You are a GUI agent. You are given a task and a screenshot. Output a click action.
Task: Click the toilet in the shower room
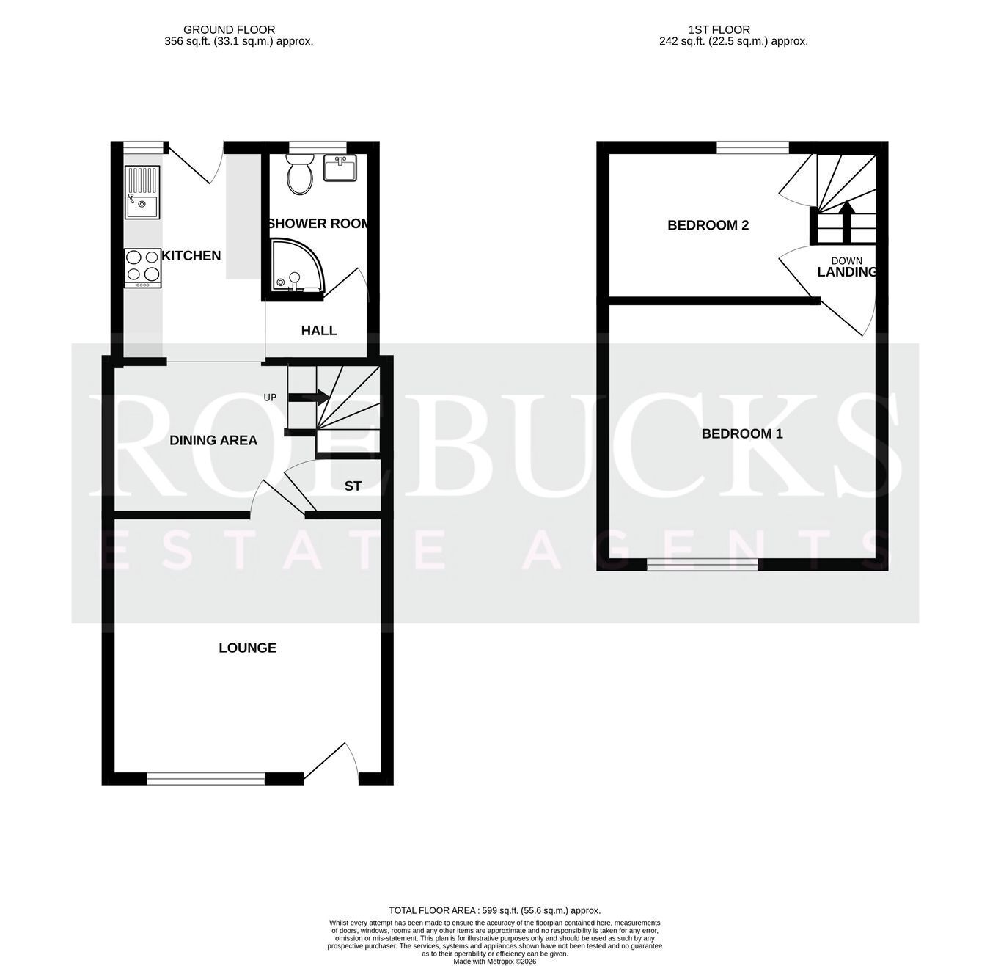[x=300, y=174]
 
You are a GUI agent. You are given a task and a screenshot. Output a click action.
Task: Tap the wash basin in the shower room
[x=340, y=167]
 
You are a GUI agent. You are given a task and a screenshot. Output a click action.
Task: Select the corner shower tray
[x=296, y=266]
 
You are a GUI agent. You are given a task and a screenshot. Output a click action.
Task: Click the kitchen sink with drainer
[x=142, y=192]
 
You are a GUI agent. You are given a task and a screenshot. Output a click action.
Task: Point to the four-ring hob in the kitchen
[x=143, y=268]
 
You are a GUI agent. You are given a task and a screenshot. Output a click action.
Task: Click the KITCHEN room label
[x=191, y=255]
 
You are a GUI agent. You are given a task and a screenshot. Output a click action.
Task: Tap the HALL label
[x=319, y=331]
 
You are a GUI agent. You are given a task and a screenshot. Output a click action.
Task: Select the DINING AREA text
[x=213, y=440]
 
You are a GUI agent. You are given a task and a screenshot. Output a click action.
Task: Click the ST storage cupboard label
[x=353, y=486]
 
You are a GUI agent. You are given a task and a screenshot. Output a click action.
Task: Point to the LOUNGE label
[x=247, y=648]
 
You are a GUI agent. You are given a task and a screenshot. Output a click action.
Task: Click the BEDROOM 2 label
[x=708, y=225]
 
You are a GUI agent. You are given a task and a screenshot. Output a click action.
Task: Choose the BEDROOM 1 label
[x=741, y=433]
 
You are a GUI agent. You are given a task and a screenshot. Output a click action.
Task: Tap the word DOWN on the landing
[x=846, y=260]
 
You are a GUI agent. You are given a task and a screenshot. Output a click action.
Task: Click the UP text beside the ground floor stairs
[x=270, y=397]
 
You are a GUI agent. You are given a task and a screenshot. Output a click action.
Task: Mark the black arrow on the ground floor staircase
[x=308, y=398]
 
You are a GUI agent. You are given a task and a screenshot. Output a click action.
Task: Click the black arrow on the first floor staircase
[x=846, y=222]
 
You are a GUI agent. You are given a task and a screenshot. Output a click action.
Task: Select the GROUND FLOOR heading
[x=229, y=30]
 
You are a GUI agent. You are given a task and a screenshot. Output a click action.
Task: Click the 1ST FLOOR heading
[x=719, y=30]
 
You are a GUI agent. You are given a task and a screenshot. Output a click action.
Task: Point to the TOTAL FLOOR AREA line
[x=494, y=910]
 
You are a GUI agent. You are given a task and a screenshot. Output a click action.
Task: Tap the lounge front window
[x=206, y=777]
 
